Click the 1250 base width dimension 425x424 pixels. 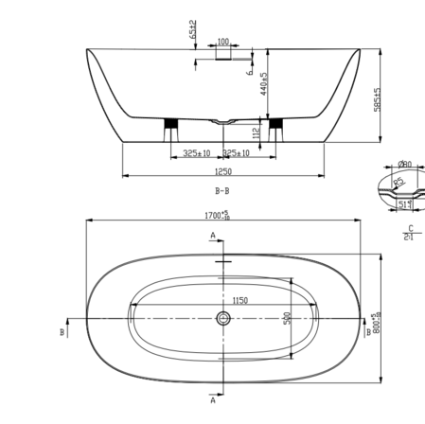pos(223,171)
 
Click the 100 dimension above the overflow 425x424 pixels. pos(223,42)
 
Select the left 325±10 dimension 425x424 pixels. pos(198,152)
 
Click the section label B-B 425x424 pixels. pos(223,190)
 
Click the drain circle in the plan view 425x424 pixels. pos(223,319)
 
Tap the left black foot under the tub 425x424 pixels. pos(171,124)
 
